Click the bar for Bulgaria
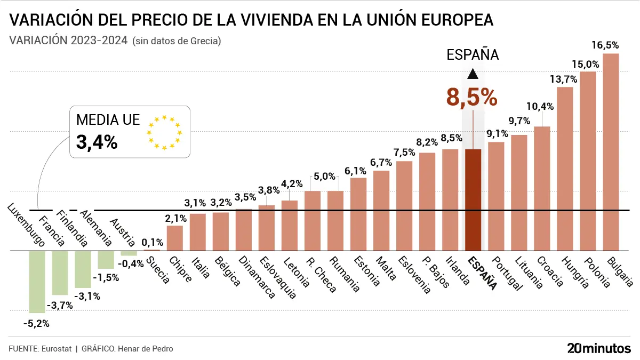611,152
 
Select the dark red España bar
473,200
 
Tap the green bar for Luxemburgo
37,281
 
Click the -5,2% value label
36,323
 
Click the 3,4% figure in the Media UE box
97,142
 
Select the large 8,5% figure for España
472,98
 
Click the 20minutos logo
598,348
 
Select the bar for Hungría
565,169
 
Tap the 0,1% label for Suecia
153,243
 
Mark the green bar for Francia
60,273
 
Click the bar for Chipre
175,238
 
